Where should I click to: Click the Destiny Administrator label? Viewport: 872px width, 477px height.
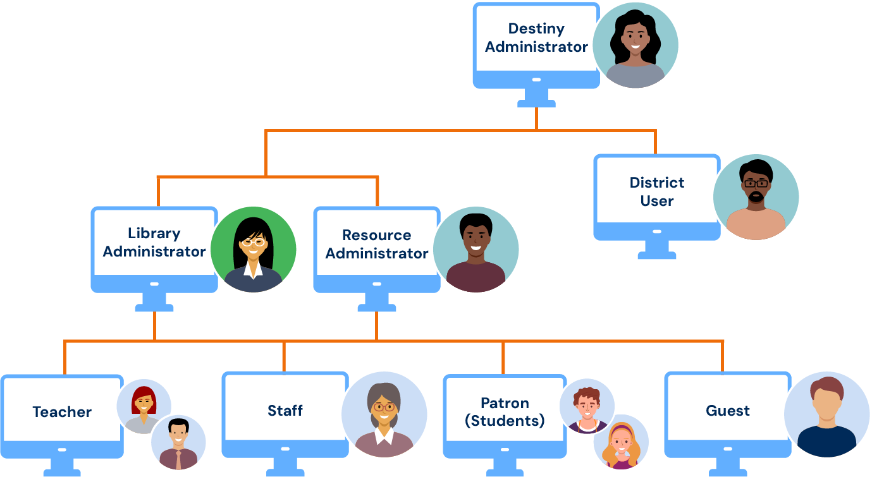click(x=536, y=38)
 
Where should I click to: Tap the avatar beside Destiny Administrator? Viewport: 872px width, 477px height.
click(x=635, y=45)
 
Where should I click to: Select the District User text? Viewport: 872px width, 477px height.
click(x=657, y=192)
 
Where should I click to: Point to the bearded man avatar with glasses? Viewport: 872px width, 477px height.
click(x=756, y=197)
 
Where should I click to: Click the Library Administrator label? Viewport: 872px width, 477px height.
click(x=154, y=243)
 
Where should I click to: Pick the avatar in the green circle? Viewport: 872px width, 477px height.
click(x=253, y=250)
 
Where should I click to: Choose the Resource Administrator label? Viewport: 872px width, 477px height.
click(x=377, y=245)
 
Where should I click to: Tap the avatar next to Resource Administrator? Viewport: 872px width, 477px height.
click(x=476, y=250)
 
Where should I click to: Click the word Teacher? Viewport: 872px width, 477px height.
click(x=62, y=412)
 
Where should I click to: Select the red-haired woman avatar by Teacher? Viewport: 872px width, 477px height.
click(x=144, y=406)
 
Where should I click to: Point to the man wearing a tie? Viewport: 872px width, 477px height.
click(x=178, y=442)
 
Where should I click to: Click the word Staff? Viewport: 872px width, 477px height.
click(x=285, y=411)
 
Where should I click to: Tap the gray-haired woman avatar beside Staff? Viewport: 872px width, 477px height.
click(x=384, y=414)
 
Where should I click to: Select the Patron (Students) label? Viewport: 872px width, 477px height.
click(x=505, y=412)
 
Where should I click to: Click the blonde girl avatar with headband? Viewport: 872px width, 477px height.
click(x=621, y=442)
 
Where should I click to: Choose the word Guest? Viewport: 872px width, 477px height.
click(x=728, y=411)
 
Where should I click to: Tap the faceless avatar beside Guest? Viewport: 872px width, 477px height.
click(x=826, y=414)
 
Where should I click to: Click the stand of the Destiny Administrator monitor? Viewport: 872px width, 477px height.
click(x=536, y=97)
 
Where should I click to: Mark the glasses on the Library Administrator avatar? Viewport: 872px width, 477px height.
click(x=253, y=241)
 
